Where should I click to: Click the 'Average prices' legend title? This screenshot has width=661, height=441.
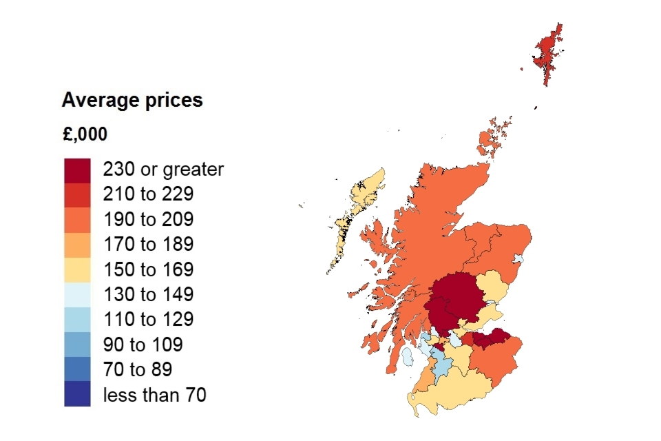132,101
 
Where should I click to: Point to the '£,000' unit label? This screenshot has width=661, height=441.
85,134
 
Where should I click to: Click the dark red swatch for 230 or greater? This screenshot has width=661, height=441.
77,170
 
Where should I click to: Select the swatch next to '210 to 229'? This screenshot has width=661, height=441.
77,195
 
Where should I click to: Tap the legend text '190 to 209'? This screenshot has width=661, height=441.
148,220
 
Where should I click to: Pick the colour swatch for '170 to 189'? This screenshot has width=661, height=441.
77,245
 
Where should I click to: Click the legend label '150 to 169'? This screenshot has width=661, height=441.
148,269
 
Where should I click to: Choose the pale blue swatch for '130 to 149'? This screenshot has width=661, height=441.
77,294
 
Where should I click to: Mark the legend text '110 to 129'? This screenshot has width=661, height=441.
148,320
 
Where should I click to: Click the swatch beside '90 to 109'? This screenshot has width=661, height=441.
77,344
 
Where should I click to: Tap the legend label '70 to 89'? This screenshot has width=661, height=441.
138,369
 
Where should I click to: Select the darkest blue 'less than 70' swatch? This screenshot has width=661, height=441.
77,394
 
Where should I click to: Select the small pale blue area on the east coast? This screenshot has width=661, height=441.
518,259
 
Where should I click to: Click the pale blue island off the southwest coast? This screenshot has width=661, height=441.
408,356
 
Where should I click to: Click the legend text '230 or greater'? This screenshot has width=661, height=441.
163,170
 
